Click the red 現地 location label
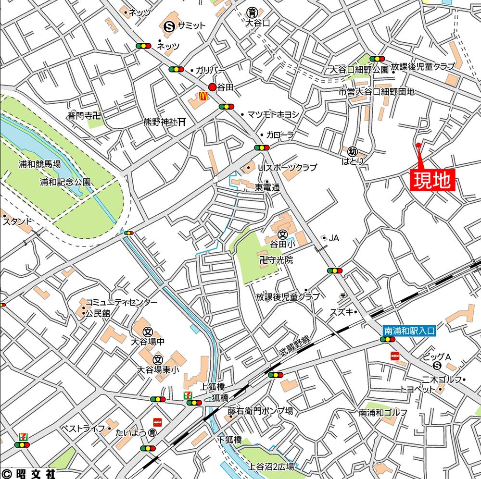(431, 180)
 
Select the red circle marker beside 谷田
(212, 87)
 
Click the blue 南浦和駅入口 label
(409, 331)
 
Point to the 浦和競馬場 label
(40, 164)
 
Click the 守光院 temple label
(276, 260)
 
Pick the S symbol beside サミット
(169, 27)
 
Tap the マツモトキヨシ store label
(273, 114)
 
